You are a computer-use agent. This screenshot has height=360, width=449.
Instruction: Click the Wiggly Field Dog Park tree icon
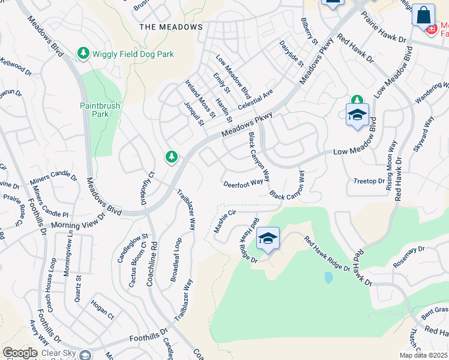(84, 54)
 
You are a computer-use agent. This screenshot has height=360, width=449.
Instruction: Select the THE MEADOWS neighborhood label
(171, 27)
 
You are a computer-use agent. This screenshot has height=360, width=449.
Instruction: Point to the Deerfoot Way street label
(243, 183)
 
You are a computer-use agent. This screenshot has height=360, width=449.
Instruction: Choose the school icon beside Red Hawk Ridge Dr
(268, 239)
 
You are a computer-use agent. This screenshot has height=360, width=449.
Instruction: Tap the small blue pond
(328, 277)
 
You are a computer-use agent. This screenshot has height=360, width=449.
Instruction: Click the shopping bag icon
(423, 15)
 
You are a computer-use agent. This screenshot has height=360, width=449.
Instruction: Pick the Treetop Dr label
(369, 181)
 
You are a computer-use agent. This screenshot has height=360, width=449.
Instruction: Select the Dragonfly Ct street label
(147, 188)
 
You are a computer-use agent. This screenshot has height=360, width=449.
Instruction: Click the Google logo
(20, 353)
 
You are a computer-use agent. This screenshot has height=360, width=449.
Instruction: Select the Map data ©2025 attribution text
(423, 355)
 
